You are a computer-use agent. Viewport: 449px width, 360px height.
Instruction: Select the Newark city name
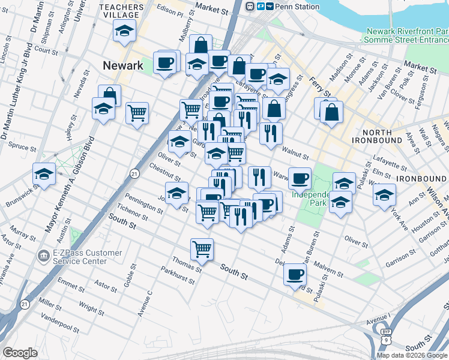tap(122, 65)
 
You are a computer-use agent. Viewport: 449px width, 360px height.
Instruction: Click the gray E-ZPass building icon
tap(43, 256)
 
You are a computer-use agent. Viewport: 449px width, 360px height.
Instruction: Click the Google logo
tap(20, 352)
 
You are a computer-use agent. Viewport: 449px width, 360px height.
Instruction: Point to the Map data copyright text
tap(411, 355)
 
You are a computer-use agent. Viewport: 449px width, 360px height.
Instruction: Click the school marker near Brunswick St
tap(44, 174)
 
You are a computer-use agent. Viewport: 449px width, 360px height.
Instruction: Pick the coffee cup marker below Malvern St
tap(294, 274)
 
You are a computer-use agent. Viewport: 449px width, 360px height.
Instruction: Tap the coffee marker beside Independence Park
tap(300, 178)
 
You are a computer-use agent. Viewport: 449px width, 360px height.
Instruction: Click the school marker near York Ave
tap(384, 194)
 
